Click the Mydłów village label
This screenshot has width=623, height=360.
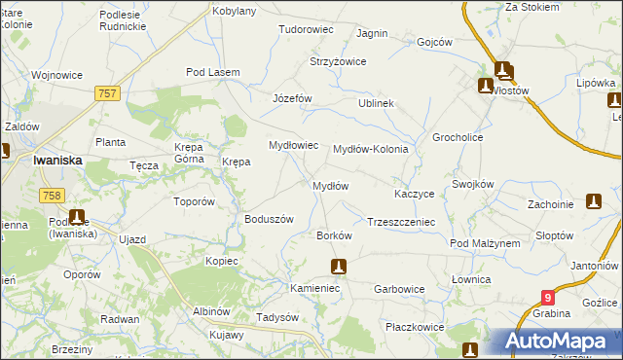[x=330, y=185]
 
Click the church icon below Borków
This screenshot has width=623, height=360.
[x=338, y=266]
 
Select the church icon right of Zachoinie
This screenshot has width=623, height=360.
[x=594, y=201]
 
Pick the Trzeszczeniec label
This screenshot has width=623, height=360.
[x=400, y=222]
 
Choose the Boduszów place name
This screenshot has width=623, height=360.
[x=269, y=219]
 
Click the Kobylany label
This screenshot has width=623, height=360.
[x=235, y=11]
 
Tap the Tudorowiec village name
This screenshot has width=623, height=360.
[x=307, y=29]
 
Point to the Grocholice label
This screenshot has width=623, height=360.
[x=458, y=137]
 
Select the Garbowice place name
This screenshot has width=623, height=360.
[x=400, y=289]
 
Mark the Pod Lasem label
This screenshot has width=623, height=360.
[x=213, y=72]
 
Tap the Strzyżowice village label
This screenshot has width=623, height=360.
[x=338, y=61]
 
